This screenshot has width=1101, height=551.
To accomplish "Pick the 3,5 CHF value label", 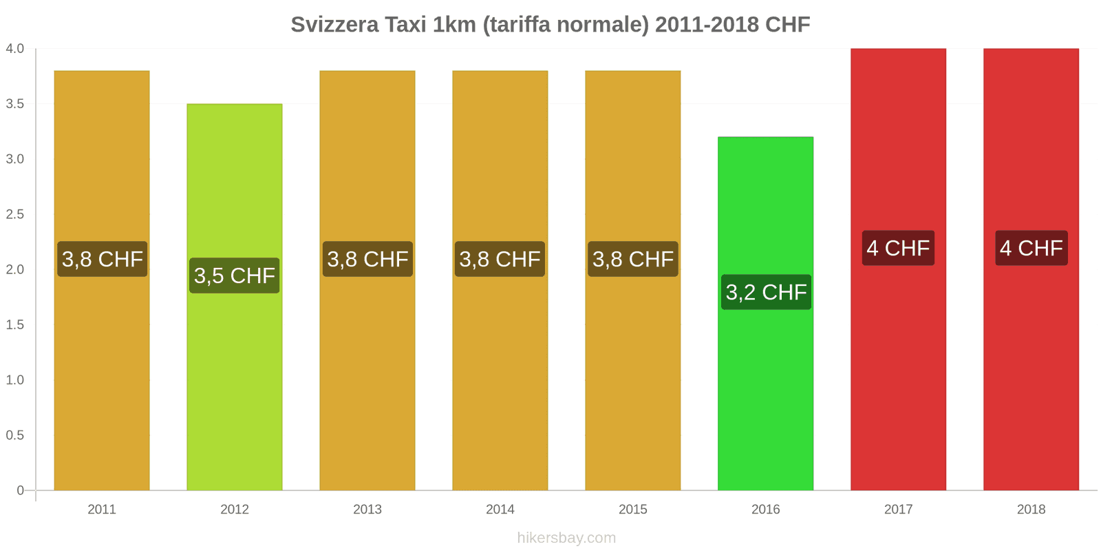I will click(x=235, y=275).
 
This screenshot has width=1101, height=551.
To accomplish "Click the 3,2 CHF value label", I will click(x=766, y=292).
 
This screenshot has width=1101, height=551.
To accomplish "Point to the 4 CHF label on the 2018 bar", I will click(x=1031, y=248).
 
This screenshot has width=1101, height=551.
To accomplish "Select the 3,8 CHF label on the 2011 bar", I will click(x=102, y=259).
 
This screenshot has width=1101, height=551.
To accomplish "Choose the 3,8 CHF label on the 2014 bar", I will click(x=500, y=259).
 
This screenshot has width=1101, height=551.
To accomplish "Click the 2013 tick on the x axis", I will click(x=367, y=510).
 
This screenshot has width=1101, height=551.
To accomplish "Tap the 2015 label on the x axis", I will click(x=632, y=510).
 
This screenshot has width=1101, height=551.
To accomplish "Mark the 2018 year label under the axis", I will click(x=1031, y=510).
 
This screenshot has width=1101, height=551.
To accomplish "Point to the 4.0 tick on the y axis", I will click(x=15, y=48).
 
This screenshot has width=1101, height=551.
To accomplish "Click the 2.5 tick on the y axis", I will click(x=15, y=214).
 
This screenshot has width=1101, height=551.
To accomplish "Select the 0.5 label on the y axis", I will click(x=15, y=435).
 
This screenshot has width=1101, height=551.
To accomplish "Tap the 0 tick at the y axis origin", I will click(x=20, y=490).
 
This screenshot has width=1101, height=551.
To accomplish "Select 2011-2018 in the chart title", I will click(x=707, y=25).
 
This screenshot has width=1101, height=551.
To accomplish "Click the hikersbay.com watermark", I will click(x=566, y=538).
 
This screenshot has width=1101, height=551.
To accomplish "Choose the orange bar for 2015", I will click(x=632, y=379).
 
